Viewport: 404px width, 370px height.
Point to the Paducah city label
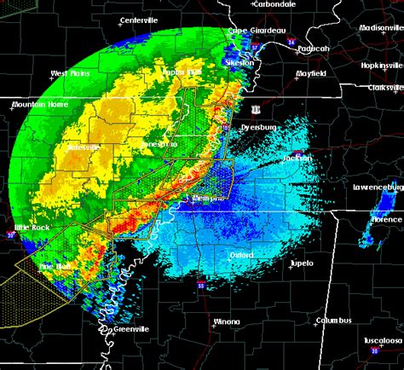coord(315,49)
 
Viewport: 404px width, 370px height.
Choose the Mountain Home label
coord(38,105)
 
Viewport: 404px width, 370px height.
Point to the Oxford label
coord(241,254)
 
